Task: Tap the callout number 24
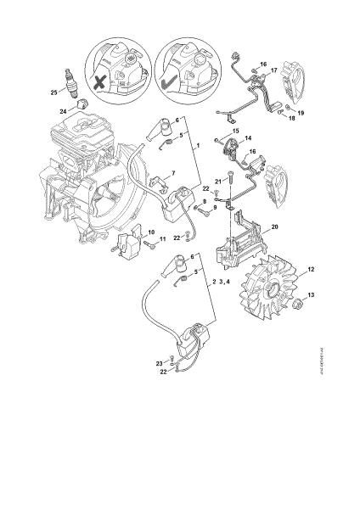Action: [x=63, y=111]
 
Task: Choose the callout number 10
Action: [x=150, y=232]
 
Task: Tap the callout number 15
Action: [x=237, y=131]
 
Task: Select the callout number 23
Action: [x=158, y=363]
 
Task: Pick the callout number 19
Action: [x=300, y=111]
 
